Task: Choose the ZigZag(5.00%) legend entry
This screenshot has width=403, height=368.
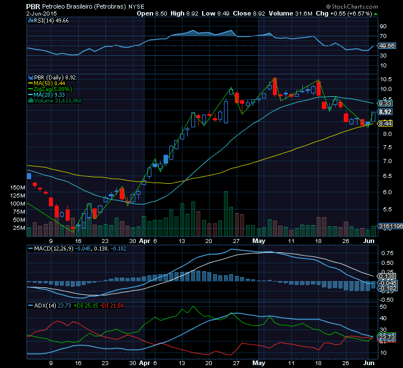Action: (x=54, y=89)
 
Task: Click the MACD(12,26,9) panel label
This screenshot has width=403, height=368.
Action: (x=52, y=248)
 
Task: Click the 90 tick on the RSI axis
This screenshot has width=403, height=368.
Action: (x=383, y=26)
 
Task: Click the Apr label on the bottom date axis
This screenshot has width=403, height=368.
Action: (x=145, y=364)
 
